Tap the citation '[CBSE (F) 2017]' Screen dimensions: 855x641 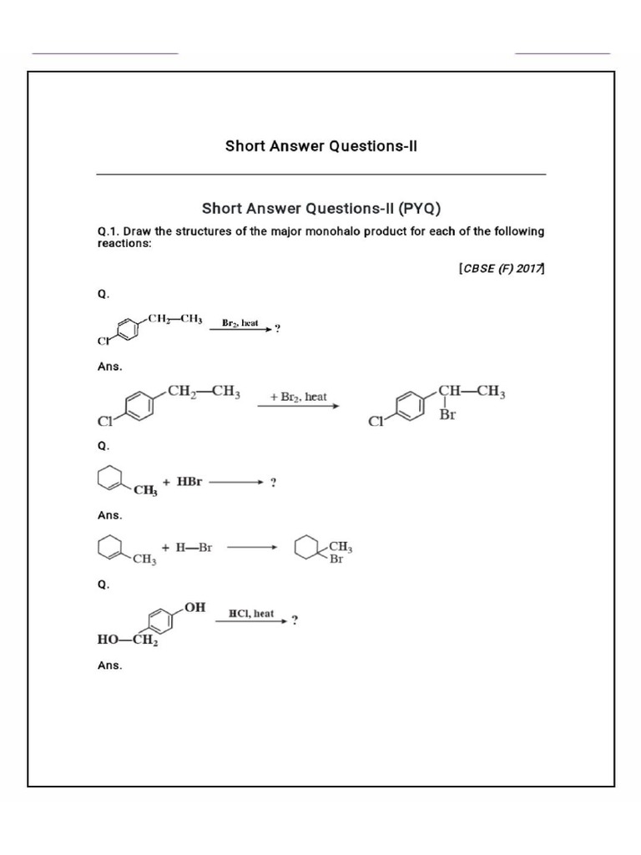coord(501,269)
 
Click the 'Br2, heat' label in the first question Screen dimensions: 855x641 coord(240,322)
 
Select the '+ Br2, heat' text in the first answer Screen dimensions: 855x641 coord(298,397)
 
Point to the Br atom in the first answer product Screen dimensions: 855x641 coord(447,415)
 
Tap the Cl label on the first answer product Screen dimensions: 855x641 coord(376,422)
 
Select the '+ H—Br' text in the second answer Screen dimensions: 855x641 coord(188,548)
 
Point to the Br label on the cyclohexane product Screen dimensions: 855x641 coord(336,559)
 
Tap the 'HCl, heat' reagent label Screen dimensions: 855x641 coord(251,614)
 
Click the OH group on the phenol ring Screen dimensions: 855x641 coord(194,607)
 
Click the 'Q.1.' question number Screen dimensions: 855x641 coord(109,231)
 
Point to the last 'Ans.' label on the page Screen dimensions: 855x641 coord(110,665)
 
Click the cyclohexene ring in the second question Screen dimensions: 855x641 coord(109,479)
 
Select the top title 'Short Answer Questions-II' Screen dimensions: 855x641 coord(320,146)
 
